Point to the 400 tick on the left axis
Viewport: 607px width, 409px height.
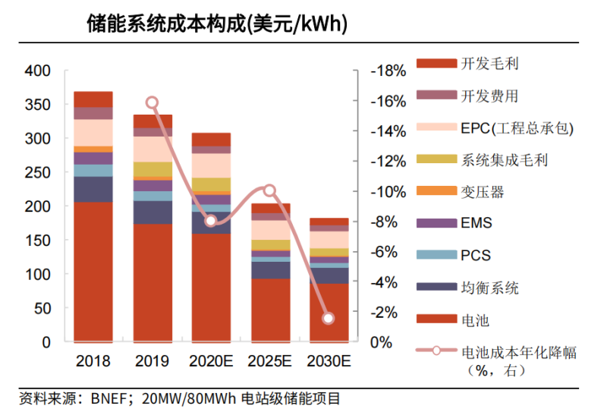click(37, 71)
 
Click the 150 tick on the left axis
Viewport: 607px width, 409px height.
click(37, 241)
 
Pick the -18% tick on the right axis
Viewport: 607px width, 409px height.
click(388, 71)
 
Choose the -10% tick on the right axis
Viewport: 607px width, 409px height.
click(388, 192)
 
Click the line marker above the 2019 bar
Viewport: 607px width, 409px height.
click(152, 102)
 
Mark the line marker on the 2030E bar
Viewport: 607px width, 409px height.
click(329, 318)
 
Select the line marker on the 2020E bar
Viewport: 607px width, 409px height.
click(211, 222)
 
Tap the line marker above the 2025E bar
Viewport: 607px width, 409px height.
click(269, 190)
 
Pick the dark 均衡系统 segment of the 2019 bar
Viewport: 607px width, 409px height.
click(152, 212)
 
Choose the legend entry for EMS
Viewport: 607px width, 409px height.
click(476, 223)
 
